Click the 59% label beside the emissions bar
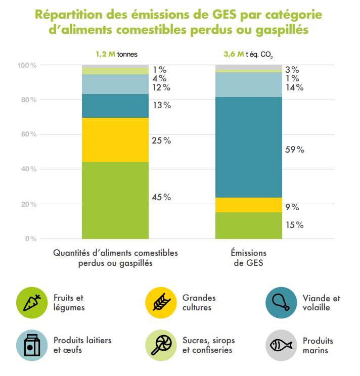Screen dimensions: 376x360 294,150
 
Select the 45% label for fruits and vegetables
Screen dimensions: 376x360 161,197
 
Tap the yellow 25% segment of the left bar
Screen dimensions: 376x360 115,139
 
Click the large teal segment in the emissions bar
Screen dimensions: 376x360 249,147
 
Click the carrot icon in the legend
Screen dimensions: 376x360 32,302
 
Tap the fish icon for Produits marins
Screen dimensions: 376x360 281,345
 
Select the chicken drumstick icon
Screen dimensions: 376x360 281,302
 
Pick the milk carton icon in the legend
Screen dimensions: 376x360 32,345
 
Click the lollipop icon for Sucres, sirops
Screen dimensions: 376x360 160,345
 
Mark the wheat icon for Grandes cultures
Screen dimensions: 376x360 160,302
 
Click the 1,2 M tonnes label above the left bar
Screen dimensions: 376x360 116,54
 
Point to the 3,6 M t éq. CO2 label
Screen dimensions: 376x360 248,54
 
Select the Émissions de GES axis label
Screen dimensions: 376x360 249,258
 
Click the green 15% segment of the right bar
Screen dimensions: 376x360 249,225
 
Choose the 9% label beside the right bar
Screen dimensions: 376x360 292,207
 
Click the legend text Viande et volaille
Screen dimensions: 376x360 321,303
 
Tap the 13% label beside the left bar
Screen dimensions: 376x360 161,105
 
